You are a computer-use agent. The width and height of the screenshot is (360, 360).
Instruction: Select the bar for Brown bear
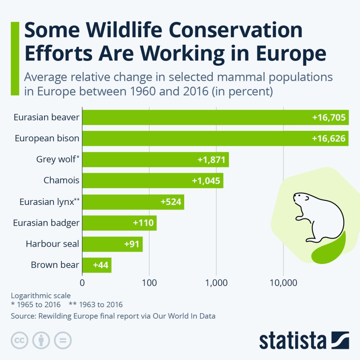coord(97,265)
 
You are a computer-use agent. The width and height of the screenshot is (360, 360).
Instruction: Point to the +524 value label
coord(171,202)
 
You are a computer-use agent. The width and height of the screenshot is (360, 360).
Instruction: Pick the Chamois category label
coord(61,181)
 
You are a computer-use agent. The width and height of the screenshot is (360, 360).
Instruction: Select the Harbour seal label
coord(52,244)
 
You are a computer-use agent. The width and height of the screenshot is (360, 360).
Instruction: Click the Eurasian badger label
coord(46,223)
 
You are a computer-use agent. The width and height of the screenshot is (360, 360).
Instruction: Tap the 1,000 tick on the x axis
coord(216,283)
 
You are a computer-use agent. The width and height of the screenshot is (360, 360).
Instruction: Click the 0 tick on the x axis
coord(82,283)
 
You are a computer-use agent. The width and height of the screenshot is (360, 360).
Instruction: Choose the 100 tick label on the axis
coord(149,283)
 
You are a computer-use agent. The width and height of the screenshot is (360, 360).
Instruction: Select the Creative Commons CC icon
coord(19,340)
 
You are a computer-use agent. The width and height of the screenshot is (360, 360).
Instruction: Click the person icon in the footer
coord(41,340)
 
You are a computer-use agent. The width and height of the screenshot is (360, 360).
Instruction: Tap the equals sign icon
coord(63,340)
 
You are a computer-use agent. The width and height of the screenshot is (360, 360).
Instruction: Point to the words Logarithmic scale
coord(40,295)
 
